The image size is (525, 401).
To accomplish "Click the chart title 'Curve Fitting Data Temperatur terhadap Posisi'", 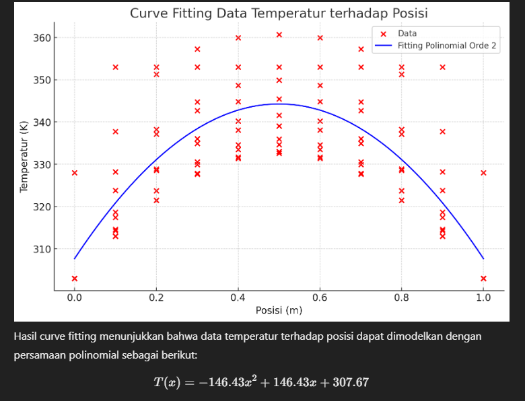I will [x=279, y=13].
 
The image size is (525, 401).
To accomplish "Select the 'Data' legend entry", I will [x=407, y=33].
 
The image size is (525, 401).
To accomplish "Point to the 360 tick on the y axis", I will [x=41, y=38].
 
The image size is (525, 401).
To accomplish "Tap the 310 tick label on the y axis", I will [x=41, y=249].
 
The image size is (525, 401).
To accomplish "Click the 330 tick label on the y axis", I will [x=41, y=165].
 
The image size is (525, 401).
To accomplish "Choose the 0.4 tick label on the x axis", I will [x=238, y=298].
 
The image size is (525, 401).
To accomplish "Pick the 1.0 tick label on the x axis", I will [x=483, y=298].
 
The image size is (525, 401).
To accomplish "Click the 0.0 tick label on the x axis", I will [x=75, y=298].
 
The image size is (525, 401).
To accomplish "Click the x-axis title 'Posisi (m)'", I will [x=279, y=310].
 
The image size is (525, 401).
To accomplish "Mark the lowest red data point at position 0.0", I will [x=75, y=279].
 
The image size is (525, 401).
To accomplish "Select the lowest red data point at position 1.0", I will [x=483, y=279].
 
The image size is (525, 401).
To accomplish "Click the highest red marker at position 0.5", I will [x=279, y=34].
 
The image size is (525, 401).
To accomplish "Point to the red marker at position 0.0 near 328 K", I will [x=75, y=173].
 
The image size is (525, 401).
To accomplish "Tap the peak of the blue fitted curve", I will [x=279, y=104].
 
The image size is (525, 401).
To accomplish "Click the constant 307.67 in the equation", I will [x=347, y=382].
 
